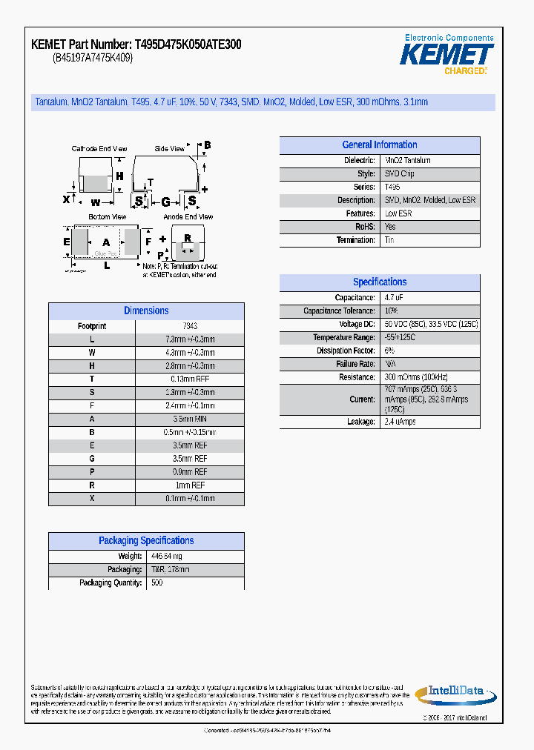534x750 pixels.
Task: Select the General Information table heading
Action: click(x=379, y=145)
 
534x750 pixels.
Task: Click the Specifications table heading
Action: click(x=379, y=282)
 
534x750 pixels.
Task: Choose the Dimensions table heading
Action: click(x=146, y=311)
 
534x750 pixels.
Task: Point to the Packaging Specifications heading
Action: click(x=146, y=541)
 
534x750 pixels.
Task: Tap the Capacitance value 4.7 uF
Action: click(x=394, y=297)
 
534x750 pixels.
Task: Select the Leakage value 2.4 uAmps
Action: click(x=400, y=422)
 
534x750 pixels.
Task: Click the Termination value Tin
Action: click(x=390, y=240)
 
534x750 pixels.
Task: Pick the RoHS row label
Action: click(x=365, y=227)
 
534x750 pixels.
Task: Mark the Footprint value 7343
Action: click(x=190, y=326)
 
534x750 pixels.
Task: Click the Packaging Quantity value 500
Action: click(x=157, y=583)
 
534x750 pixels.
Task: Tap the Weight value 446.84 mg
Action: click(x=167, y=557)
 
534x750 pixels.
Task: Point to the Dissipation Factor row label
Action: click(x=346, y=351)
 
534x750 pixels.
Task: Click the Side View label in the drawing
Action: click(x=169, y=149)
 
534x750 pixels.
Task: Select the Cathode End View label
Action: click(x=99, y=149)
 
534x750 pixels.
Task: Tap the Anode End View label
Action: click(x=188, y=217)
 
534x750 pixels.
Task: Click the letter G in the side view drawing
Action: click(x=165, y=202)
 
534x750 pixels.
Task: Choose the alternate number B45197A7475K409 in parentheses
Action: click(x=93, y=59)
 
